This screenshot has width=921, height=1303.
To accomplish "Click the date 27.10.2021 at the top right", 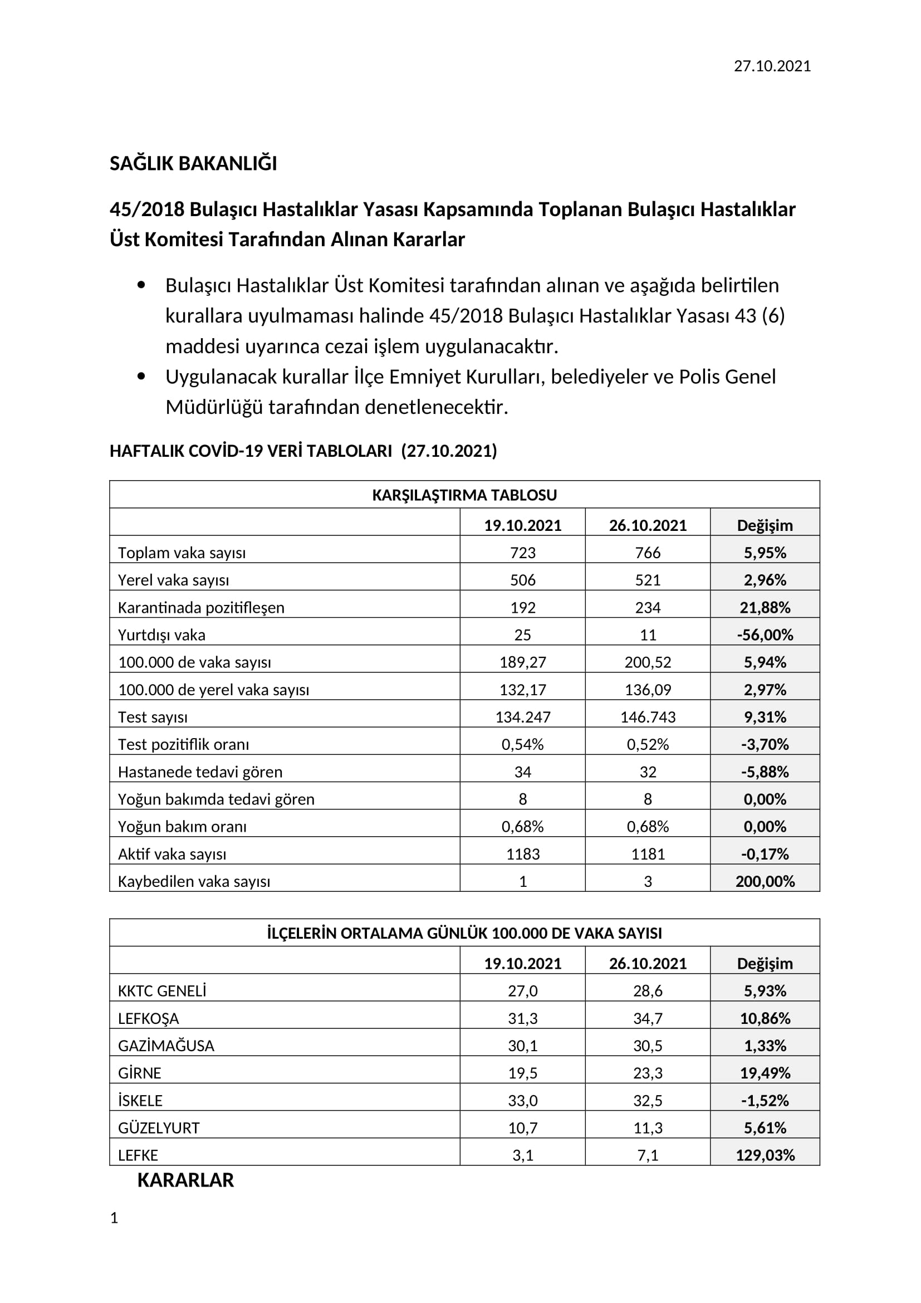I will [772, 66].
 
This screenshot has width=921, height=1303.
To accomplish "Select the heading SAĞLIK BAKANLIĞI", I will [193, 163].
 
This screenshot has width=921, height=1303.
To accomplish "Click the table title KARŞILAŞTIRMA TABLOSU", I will [464, 495].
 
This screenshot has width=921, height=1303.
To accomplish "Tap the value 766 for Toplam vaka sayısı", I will [647, 552].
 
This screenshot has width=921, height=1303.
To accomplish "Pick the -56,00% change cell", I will [765, 635].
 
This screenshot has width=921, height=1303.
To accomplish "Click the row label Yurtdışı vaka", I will [161, 635].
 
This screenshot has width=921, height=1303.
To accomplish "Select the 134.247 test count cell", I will [522, 717].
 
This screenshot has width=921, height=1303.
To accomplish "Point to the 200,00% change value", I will [765, 881].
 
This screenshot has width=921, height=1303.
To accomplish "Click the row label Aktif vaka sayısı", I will [172, 854].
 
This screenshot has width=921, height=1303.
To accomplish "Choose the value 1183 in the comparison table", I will [522, 854].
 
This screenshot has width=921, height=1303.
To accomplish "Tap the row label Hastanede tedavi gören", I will [200, 772].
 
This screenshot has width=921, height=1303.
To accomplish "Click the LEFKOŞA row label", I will [148, 1019].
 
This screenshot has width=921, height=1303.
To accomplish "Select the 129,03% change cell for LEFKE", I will [765, 1155].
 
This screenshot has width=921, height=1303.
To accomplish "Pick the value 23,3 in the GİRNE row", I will [647, 1073].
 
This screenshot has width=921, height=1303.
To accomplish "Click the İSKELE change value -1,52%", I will [765, 1100].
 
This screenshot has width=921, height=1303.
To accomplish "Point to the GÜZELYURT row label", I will [158, 1128].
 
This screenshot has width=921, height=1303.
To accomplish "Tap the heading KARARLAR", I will [185, 1180].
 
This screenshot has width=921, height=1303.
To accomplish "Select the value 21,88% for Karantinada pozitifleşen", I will [765, 607].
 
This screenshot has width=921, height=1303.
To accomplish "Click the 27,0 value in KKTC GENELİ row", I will [522, 991].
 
